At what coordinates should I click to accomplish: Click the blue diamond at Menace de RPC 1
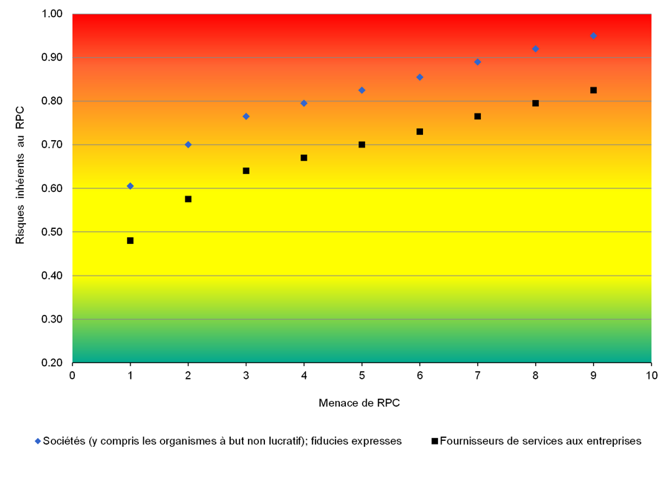coord(130,186)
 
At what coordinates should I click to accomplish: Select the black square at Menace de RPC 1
coord(130,241)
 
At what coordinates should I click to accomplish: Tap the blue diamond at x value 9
coord(593,36)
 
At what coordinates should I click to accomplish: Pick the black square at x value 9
coord(593,90)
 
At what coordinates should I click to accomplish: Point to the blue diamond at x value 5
coord(361,90)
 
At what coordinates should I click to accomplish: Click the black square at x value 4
coord(304,158)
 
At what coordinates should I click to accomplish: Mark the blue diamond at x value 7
coord(477,62)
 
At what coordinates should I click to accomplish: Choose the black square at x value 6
coord(419,132)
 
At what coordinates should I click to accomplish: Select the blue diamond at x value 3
coord(246,116)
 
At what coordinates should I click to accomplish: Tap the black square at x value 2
coord(188,199)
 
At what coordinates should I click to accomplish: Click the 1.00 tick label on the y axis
coord(53,14)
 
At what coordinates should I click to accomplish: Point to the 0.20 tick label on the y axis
coord(53,363)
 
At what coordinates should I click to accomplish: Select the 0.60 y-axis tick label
coord(53,188)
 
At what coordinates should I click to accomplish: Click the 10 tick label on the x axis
coord(651,375)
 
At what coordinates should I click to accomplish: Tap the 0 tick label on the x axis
coord(72,375)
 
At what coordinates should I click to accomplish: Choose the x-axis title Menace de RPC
coord(361,404)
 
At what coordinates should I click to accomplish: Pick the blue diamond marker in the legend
coord(37,441)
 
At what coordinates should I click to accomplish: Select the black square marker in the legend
coord(434,441)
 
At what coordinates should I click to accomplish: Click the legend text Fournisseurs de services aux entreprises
coord(540,441)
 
